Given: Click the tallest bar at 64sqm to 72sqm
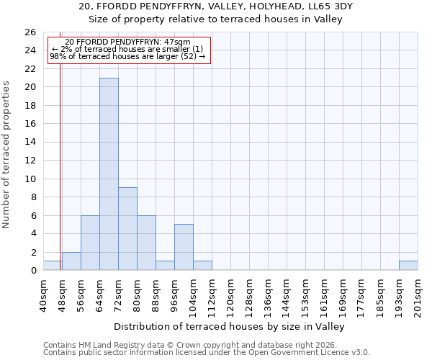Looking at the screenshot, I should pyautogui.click(x=109, y=174).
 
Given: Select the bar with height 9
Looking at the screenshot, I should pyautogui.click(x=127, y=228).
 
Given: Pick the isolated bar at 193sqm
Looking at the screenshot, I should pyautogui.click(x=408, y=266).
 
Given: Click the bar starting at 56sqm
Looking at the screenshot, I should pyautogui.click(x=90, y=243).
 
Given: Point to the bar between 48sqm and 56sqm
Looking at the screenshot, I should pyautogui.click(x=71, y=261).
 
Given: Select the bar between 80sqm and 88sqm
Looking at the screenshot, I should pyautogui.click(x=146, y=243).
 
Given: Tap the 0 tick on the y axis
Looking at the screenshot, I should pyautogui.click(x=32, y=271).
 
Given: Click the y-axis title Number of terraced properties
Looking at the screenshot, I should pyautogui.click(x=7, y=155).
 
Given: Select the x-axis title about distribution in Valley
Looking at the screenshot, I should pyautogui.click(x=230, y=326).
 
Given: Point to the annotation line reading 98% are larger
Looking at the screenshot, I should pyautogui.click(x=128, y=56).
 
